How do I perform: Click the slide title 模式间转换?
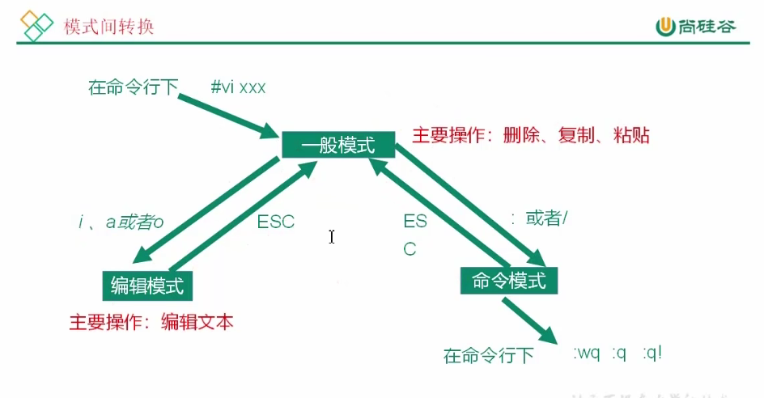pyautogui.click(x=109, y=27)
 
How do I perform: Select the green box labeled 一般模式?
pyautogui.click(x=338, y=146)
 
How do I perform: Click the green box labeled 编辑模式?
pyautogui.click(x=147, y=285)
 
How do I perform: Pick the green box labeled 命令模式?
pyautogui.click(x=509, y=280)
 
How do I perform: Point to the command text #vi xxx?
pyautogui.click(x=238, y=87)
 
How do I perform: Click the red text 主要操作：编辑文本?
pyautogui.click(x=151, y=322)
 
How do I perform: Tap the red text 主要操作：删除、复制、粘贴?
pyautogui.click(x=530, y=135)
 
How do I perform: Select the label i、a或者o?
pyautogui.click(x=121, y=222)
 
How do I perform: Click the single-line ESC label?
pyautogui.click(x=276, y=222)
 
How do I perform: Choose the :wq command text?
pyautogui.click(x=587, y=354)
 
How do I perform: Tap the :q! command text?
pyautogui.click(x=652, y=354)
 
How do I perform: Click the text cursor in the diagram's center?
pyautogui.click(x=332, y=236)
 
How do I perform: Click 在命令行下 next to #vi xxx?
pyautogui.click(x=133, y=87)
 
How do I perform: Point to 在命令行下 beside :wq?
pyautogui.click(x=488, y=355)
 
